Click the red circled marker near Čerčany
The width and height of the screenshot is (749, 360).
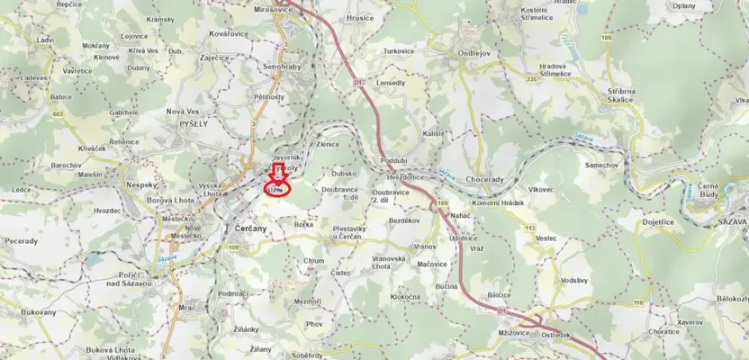pyautogui.click(x=277, y=190)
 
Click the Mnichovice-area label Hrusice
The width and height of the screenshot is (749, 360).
pyautogui.click(x=358, y=17)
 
